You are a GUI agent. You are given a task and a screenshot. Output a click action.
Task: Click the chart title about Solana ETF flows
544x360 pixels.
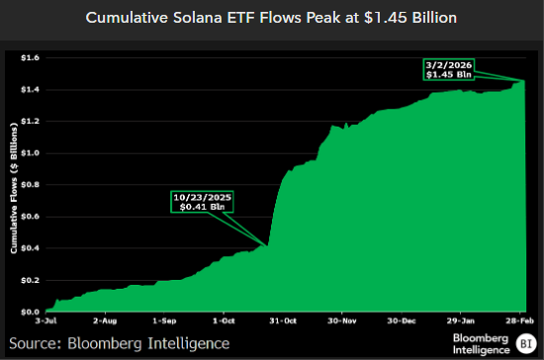click(272, 19)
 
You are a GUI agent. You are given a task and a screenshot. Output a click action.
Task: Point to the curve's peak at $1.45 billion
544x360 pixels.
click(523, 82)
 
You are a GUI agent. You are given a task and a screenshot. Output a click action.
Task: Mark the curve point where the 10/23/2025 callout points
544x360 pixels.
click(267, 245)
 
